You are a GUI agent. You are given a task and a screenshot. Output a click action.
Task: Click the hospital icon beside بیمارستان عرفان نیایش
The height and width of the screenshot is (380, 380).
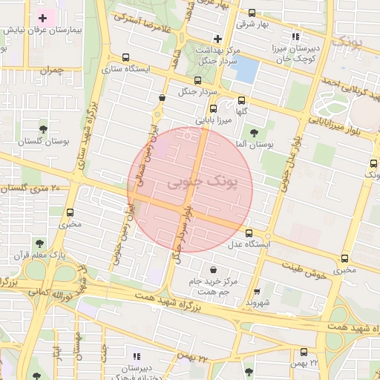coord(42,17)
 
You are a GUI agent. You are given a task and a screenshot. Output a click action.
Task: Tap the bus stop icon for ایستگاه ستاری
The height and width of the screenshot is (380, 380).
coord(125,57)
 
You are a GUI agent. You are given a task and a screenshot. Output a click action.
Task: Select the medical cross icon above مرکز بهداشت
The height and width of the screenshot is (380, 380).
coord(217,38)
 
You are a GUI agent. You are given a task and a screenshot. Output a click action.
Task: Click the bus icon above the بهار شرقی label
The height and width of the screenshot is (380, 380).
coord(251,13)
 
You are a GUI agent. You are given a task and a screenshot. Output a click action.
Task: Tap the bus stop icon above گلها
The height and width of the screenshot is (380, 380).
coord(241,101)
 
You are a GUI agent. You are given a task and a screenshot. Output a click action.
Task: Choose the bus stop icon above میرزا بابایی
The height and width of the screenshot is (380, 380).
coord(214,108)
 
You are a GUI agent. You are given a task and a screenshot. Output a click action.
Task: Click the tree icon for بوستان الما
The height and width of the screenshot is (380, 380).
coord(255,133)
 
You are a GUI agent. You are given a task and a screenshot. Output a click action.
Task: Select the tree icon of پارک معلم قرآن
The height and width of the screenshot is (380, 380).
coord(39,243)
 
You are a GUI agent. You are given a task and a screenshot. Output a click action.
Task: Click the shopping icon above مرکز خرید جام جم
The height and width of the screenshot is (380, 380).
coord(214,269)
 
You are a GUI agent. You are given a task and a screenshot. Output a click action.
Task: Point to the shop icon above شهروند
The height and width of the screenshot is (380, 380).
coord(257,292)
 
